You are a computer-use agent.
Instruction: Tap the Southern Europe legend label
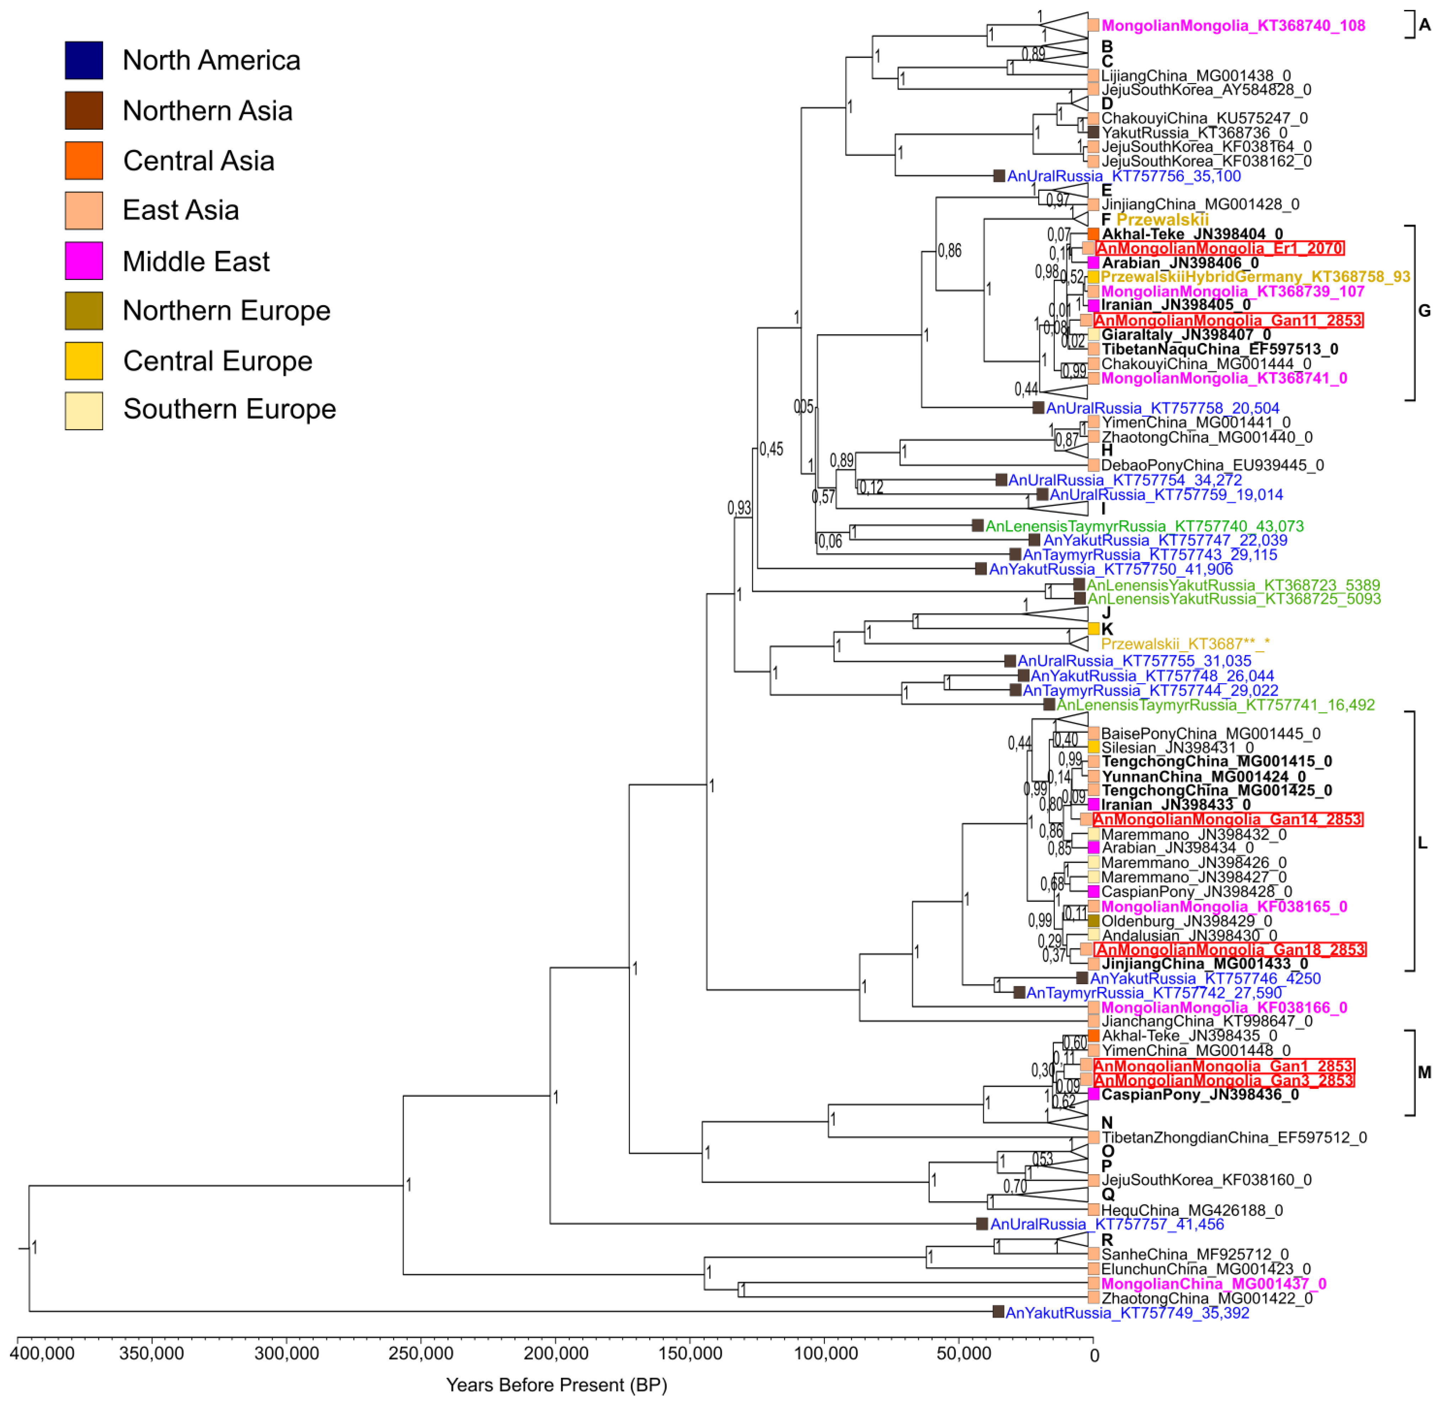tap(229, 409)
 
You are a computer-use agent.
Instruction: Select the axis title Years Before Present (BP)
tap(557, 1385)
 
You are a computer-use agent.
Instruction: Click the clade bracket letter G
tap(1424, 311)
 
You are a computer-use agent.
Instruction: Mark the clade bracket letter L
tap(1422, 843)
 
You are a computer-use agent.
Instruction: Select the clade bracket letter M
tap(1424, 1072)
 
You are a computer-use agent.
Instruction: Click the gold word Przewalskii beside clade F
tap(1162, 220)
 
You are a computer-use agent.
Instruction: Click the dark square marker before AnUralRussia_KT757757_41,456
tap(982, 1224)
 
